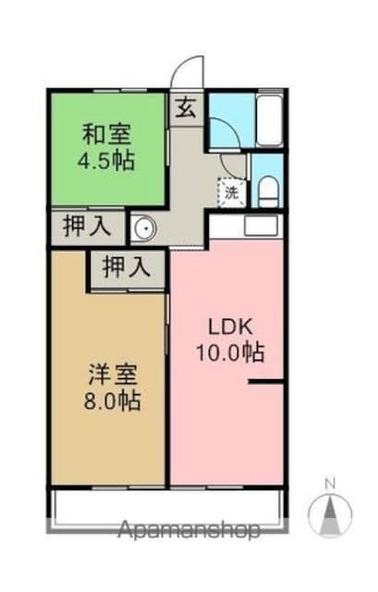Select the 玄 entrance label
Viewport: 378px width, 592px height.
point(186,107)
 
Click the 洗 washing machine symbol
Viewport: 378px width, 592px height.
point(232,193)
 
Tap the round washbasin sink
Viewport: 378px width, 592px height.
point(143,228)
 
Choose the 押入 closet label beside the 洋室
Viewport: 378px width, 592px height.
point(126,268)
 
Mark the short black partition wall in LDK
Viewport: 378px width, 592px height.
point(264,381)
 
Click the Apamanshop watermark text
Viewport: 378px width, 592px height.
point(189,530)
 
